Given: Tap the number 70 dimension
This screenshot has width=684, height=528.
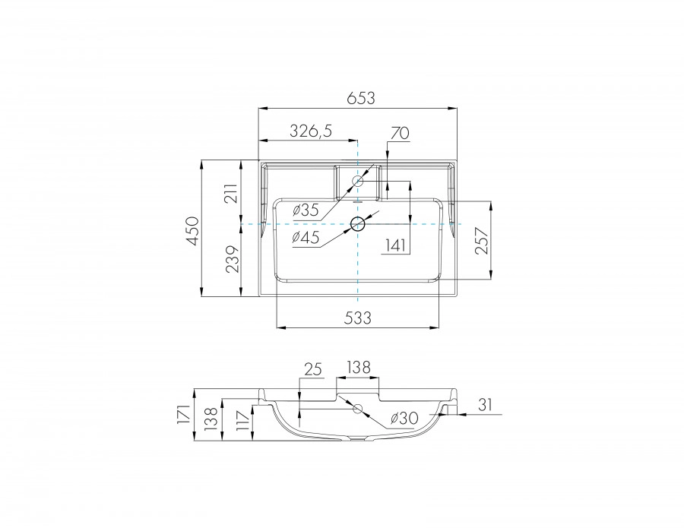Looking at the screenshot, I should [x=399, y=132].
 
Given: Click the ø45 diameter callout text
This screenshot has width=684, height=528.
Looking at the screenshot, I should [x=306, y=238].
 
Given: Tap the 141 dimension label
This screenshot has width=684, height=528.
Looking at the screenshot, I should [x=395, y=245].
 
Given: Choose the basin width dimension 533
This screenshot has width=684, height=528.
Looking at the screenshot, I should [x=357, y=318].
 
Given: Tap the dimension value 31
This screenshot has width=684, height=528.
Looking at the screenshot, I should [x=486, y=406].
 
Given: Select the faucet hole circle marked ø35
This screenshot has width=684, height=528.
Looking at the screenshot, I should [x=357, y=182].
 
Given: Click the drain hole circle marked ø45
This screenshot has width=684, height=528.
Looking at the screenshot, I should [x=358, y=224].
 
